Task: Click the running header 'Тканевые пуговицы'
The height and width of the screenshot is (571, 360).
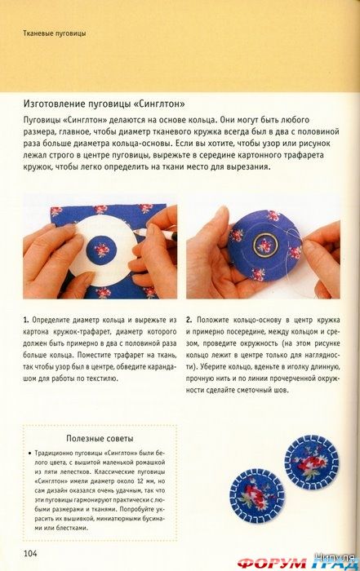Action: coord(56,33)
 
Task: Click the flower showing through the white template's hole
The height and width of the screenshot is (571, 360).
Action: coord(105,248)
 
